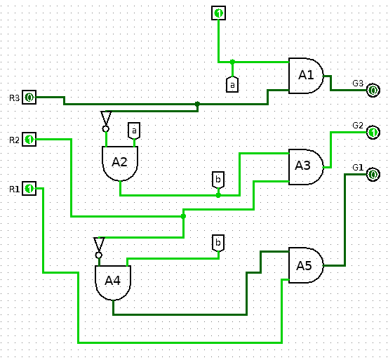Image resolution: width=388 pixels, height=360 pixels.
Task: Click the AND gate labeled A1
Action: pos(306,76)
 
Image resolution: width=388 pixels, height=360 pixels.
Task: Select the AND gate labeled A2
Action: pos(120,164)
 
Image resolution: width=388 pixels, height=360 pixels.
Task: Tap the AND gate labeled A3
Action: pos(306,167)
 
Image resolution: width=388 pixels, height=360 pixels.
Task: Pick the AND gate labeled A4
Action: pos(113,283)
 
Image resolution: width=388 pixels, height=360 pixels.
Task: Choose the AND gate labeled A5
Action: pos(306,265)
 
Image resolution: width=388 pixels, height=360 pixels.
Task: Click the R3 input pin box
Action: pos(29,98)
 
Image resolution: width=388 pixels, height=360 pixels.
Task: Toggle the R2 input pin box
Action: pos(29,140)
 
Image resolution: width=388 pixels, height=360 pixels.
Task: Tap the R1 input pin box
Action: pos(29,189)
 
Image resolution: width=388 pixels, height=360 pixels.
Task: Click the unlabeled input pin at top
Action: pos(218,13)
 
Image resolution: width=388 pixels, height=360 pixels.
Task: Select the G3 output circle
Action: pos(373,90)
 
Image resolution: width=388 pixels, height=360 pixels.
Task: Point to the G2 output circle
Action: pos(373,133)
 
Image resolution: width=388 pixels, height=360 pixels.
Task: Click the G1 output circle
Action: pos(373,175)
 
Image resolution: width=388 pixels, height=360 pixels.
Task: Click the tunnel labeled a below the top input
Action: pos(232,85)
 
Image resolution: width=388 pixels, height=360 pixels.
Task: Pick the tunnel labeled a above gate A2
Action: pos(134,131)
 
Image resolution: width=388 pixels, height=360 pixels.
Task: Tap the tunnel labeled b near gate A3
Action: pos(218,180)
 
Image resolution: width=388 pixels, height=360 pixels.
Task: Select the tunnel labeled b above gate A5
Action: pos(218,243)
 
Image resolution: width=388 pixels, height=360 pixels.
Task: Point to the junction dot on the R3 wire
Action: pos(197,104)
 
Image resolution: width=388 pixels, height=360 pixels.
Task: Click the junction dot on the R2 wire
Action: pos(183,217)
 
